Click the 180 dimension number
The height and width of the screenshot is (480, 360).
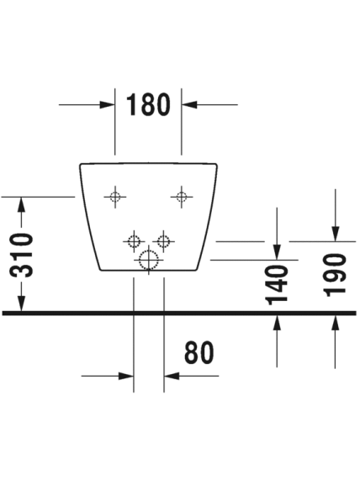pyautogui.click(x=148, y=104)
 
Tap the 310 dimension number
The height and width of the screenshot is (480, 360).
pyautogui.click(x=22, y=256)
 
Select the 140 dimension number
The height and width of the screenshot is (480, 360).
pyautogui.click(x=278, y=285)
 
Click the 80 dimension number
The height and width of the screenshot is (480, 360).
pyautogui.click(x=199, y=352)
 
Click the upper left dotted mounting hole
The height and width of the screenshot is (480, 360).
pyautogui.click(x=115, y=197)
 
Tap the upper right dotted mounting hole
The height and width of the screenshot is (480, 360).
pyautogui.click(x=182, y=197)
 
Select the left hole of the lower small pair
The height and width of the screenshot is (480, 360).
pyautogui.click(x=134, y=241)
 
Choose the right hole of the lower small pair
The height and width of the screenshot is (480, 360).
pyautogui.click(x=163, y=241)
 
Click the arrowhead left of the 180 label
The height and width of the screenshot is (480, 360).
pyautogui.click(x=107, y=105)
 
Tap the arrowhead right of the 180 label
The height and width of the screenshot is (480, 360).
pyautogui.click(x=189, y=105)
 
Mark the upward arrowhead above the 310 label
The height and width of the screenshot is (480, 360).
pyautogui.click(x=21, y=205)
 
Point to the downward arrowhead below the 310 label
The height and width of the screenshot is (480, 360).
pyautogui.click(x=21, y=303)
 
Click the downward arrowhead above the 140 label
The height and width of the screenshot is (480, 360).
pyautogui.click(x=277, y=252)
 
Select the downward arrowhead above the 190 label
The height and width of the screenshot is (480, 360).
pyautogui.click(x=336, y=234)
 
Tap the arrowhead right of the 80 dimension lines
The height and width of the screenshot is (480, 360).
pyautogui.click(x=172, y=376)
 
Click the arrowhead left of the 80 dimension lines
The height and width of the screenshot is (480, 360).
pyautogui.click(x=126, y=376)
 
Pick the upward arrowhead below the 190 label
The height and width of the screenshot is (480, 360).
pyautogui.click(x=336, y=323)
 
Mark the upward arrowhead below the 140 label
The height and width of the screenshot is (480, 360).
pyautogui.click(x=277, y=323)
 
